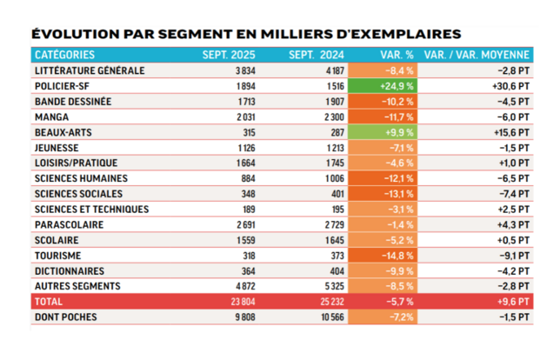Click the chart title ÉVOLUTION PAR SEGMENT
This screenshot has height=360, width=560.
[x=245, y=35]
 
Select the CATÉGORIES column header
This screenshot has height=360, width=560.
[x=65, y=55]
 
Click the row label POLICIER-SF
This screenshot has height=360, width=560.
[x=63, y=86]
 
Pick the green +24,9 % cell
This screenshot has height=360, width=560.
[x=381, y=86]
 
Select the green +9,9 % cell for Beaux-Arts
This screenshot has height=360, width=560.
[x=381, y=132]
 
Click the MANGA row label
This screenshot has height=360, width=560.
[x=52, y=117]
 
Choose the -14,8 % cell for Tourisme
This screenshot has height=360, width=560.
[x=381, y=256]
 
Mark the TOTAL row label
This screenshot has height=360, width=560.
[x=50, y=302]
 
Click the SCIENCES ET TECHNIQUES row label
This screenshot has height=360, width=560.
[x=91, y=210]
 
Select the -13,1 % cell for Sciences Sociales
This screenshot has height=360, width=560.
[x=381, y=194]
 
